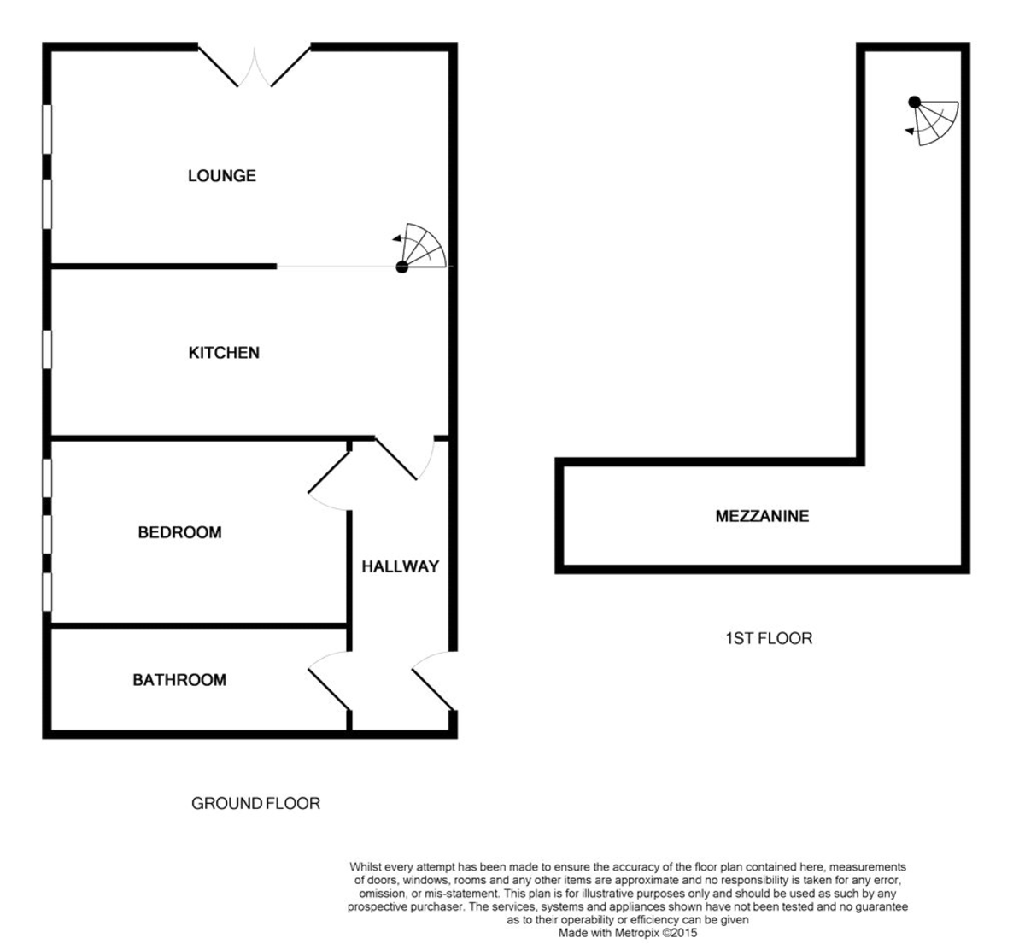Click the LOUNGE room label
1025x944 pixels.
tap(222, 176)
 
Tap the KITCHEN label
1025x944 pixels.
tap(224, 353)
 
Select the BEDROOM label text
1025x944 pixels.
tap(179, 533)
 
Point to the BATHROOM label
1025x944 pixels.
tap(179, 680)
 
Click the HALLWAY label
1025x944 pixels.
tap(400, 566)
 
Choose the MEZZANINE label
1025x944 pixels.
tap(762, 516)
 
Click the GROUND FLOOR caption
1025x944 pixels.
tap(255, 804)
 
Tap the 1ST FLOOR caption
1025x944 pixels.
tap(768, 638)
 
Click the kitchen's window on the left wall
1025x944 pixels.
tap(47, 349)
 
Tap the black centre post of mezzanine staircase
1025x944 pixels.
tap(915, 103)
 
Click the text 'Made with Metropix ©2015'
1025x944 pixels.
tap(627, 934)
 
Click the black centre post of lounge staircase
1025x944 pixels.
tap(402, 267)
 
